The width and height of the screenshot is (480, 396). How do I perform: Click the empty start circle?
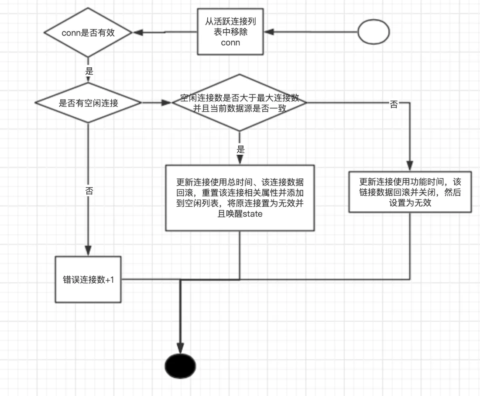coord(373,32)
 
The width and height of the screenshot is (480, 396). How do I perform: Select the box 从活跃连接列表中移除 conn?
coord(230,32)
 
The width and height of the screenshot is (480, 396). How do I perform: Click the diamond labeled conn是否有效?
coord(89,33)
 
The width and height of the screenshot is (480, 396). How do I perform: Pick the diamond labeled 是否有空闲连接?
coord(88,103)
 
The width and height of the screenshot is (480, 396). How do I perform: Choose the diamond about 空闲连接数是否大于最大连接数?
coord(239,103)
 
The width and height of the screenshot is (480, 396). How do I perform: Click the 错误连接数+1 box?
coord(88,280)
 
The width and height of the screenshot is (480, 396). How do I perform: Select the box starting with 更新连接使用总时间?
coord(240,198)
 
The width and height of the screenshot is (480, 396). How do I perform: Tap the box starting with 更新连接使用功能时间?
coord(410,191)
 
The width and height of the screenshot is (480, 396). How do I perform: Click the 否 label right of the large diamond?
coord(394,104)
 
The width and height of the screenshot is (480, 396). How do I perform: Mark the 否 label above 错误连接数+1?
coord(89,191)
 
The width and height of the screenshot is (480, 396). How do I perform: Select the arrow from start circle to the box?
coord(312,32)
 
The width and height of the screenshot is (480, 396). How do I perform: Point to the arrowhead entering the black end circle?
coord(181,348)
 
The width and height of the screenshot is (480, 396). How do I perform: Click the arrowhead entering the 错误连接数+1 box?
coord(88,252)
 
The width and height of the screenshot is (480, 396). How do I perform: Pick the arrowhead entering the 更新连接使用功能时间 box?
coord(410,166)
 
